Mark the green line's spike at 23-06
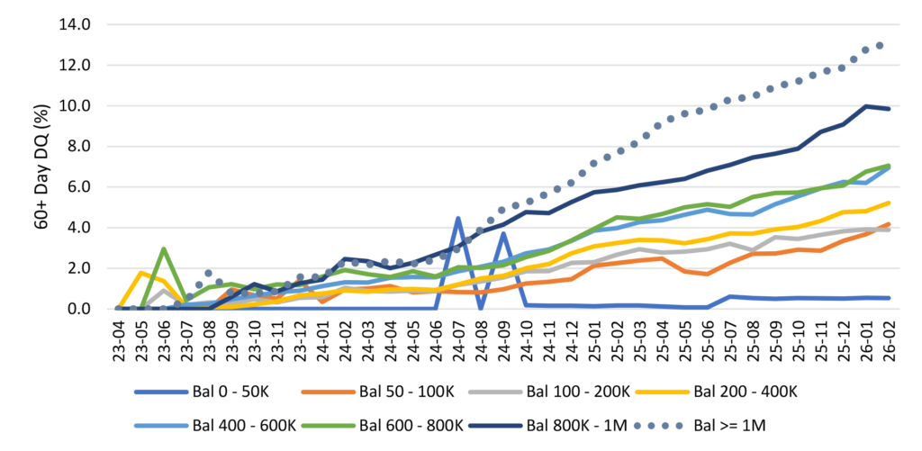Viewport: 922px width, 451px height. pos(164,248)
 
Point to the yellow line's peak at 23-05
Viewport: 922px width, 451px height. pos(141,273)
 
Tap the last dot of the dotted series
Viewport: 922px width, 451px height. pos(880,45)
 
